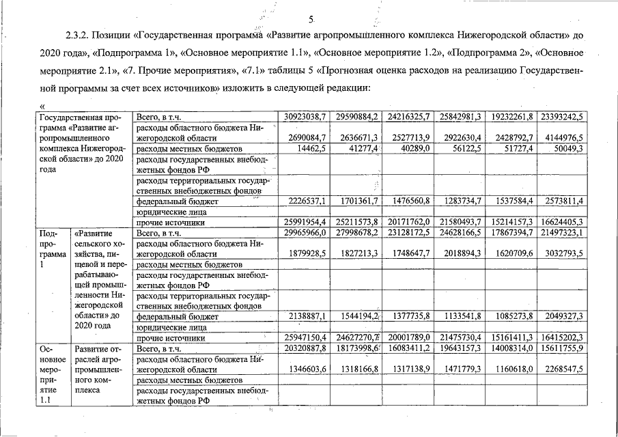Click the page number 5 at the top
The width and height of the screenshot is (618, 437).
pyautogui.click(x=310, y=18)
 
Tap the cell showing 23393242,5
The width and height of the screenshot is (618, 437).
pyautogui.click(x=561, y=117)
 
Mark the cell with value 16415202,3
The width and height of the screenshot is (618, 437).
pyautogui.click(x=561, y=337)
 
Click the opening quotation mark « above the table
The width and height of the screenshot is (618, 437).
pyautogui.click(x=42, y=107)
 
